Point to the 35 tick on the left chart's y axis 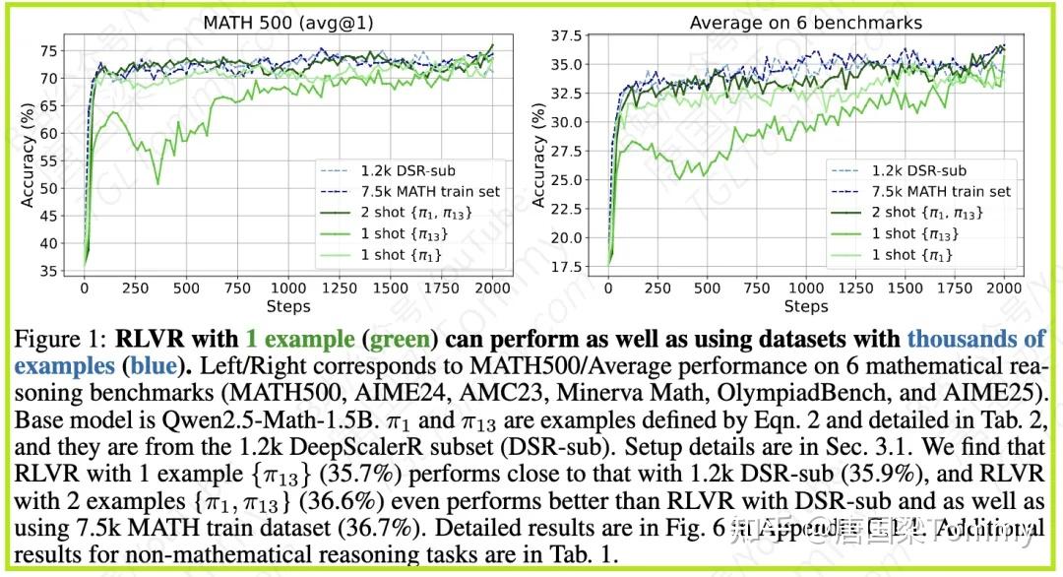tap(47, 270)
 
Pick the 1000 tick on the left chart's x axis tap(287, 288)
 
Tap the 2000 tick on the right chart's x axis tap(1002, 288)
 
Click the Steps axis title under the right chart tap(805, 306)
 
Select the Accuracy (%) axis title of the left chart tap(28, 158)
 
